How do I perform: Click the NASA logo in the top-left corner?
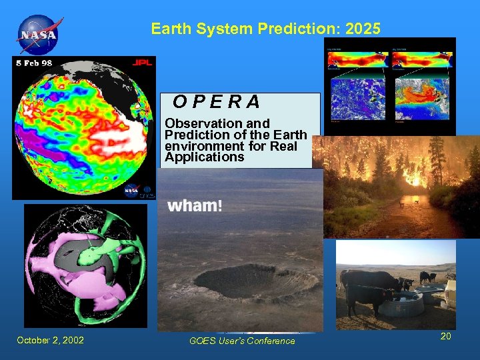(38, 33)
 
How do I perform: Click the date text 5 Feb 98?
(33, 63)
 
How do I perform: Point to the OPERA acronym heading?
(217, 102)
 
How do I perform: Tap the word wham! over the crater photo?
(194, 205)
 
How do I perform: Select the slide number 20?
(445, 337)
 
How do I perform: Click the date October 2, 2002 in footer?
(51, 341)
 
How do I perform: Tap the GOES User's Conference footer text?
(241, 341)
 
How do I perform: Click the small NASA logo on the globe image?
(131, 189)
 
